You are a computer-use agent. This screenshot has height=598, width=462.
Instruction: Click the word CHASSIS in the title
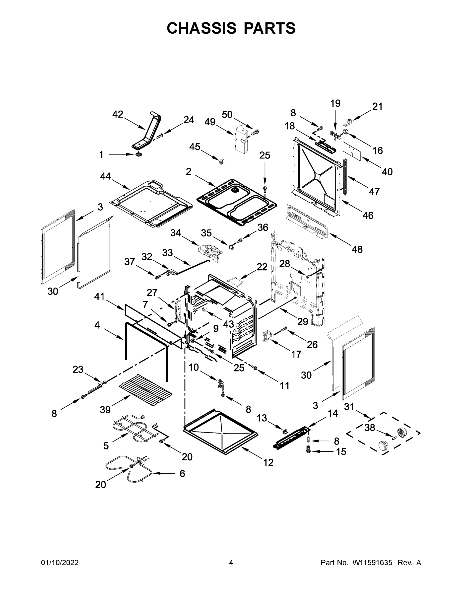click(x=201, y=28)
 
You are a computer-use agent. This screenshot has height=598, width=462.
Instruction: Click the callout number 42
click(x=118, y=114)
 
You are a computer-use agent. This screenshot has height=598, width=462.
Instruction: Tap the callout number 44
click(x=105, y=176)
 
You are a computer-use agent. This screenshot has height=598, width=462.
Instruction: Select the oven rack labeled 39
click(x=146, y=391)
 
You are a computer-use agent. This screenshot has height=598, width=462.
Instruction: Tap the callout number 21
click(x=377, y=106)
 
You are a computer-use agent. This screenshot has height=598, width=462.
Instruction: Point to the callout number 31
click(x=349, y=407)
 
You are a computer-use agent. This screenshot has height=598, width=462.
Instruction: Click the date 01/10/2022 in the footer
click(x=60, y=562)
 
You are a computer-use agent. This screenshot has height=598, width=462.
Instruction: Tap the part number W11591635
click(x=372, y=562)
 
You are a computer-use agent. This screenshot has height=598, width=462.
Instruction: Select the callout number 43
click(x=228, y=324)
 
